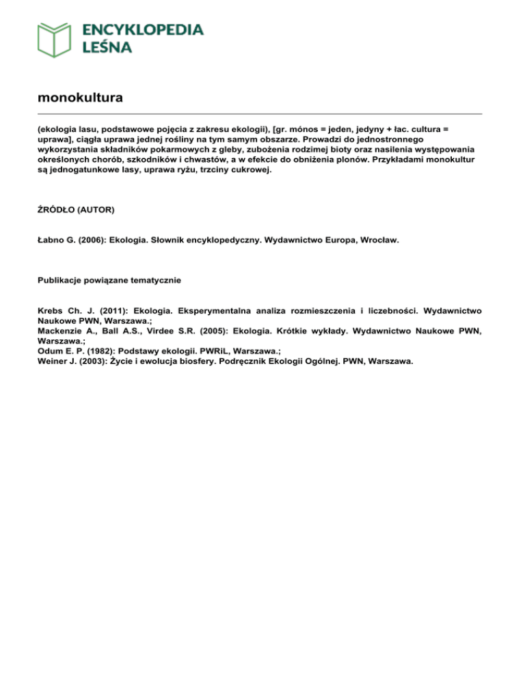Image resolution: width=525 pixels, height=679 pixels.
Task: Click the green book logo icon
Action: pos(55,39)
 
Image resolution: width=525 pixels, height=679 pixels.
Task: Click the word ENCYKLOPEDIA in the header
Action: pos(143,29)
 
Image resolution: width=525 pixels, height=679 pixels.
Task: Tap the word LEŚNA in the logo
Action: pos(107,47)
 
